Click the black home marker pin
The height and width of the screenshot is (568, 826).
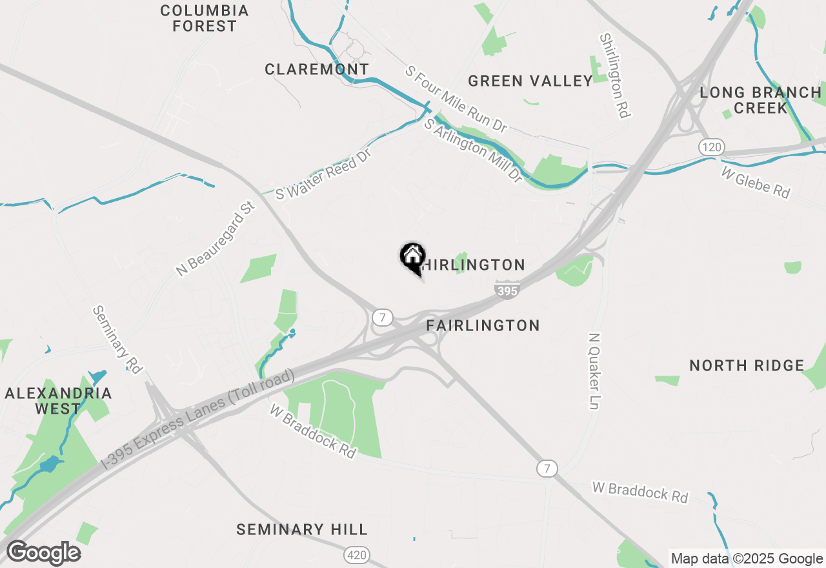coord(412,258)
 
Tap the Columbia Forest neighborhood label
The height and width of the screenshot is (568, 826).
coord(205,19)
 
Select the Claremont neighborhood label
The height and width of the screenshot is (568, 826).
coord(317,69)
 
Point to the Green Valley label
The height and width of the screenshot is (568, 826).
coord(530,81)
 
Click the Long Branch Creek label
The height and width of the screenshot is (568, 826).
coord(761,100)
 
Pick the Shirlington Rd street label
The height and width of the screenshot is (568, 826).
coord(614,76)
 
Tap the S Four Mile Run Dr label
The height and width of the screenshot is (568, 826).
coord(456,99)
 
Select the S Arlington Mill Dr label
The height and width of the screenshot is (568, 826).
coord(472,150)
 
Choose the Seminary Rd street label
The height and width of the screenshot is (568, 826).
coord(117,340)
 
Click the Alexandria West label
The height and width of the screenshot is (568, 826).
coord(58,401)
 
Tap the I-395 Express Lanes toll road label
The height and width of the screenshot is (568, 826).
coord(198,419)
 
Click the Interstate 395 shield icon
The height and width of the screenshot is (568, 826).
coord(508,290)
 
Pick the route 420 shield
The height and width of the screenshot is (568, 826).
coord(356,554)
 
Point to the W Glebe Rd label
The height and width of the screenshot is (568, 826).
coord(755,183)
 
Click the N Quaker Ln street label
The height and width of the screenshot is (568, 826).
coord(594,371)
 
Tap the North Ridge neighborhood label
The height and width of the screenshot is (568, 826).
coord(747,366)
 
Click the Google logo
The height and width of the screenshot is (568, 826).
coord(43,553)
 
